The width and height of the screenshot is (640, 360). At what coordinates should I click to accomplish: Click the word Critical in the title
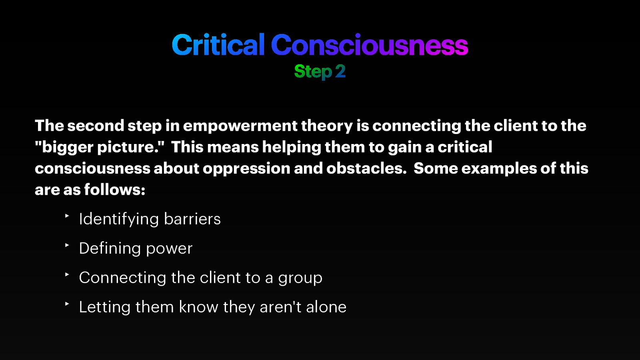[x=218, y=45]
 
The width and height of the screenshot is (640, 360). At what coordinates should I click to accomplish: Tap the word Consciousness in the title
[x=369, y=45]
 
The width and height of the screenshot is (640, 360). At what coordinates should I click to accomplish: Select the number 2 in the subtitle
[x=340, y=72]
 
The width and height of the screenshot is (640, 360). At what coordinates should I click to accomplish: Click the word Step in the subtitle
[x=313, y=72]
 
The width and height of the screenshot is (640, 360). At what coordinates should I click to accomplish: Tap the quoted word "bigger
[x=64, y=148]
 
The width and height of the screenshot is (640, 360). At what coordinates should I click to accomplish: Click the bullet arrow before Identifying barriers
[x=67, y=216]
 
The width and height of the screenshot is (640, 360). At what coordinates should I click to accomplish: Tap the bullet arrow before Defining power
[x=67, y=245]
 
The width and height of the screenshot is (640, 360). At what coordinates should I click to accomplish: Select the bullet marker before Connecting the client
[x=67, y=274]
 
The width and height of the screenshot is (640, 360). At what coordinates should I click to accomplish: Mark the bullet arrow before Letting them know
[x=67, y=304]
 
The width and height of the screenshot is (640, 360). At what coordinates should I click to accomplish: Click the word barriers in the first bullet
[x=192, y=219]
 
